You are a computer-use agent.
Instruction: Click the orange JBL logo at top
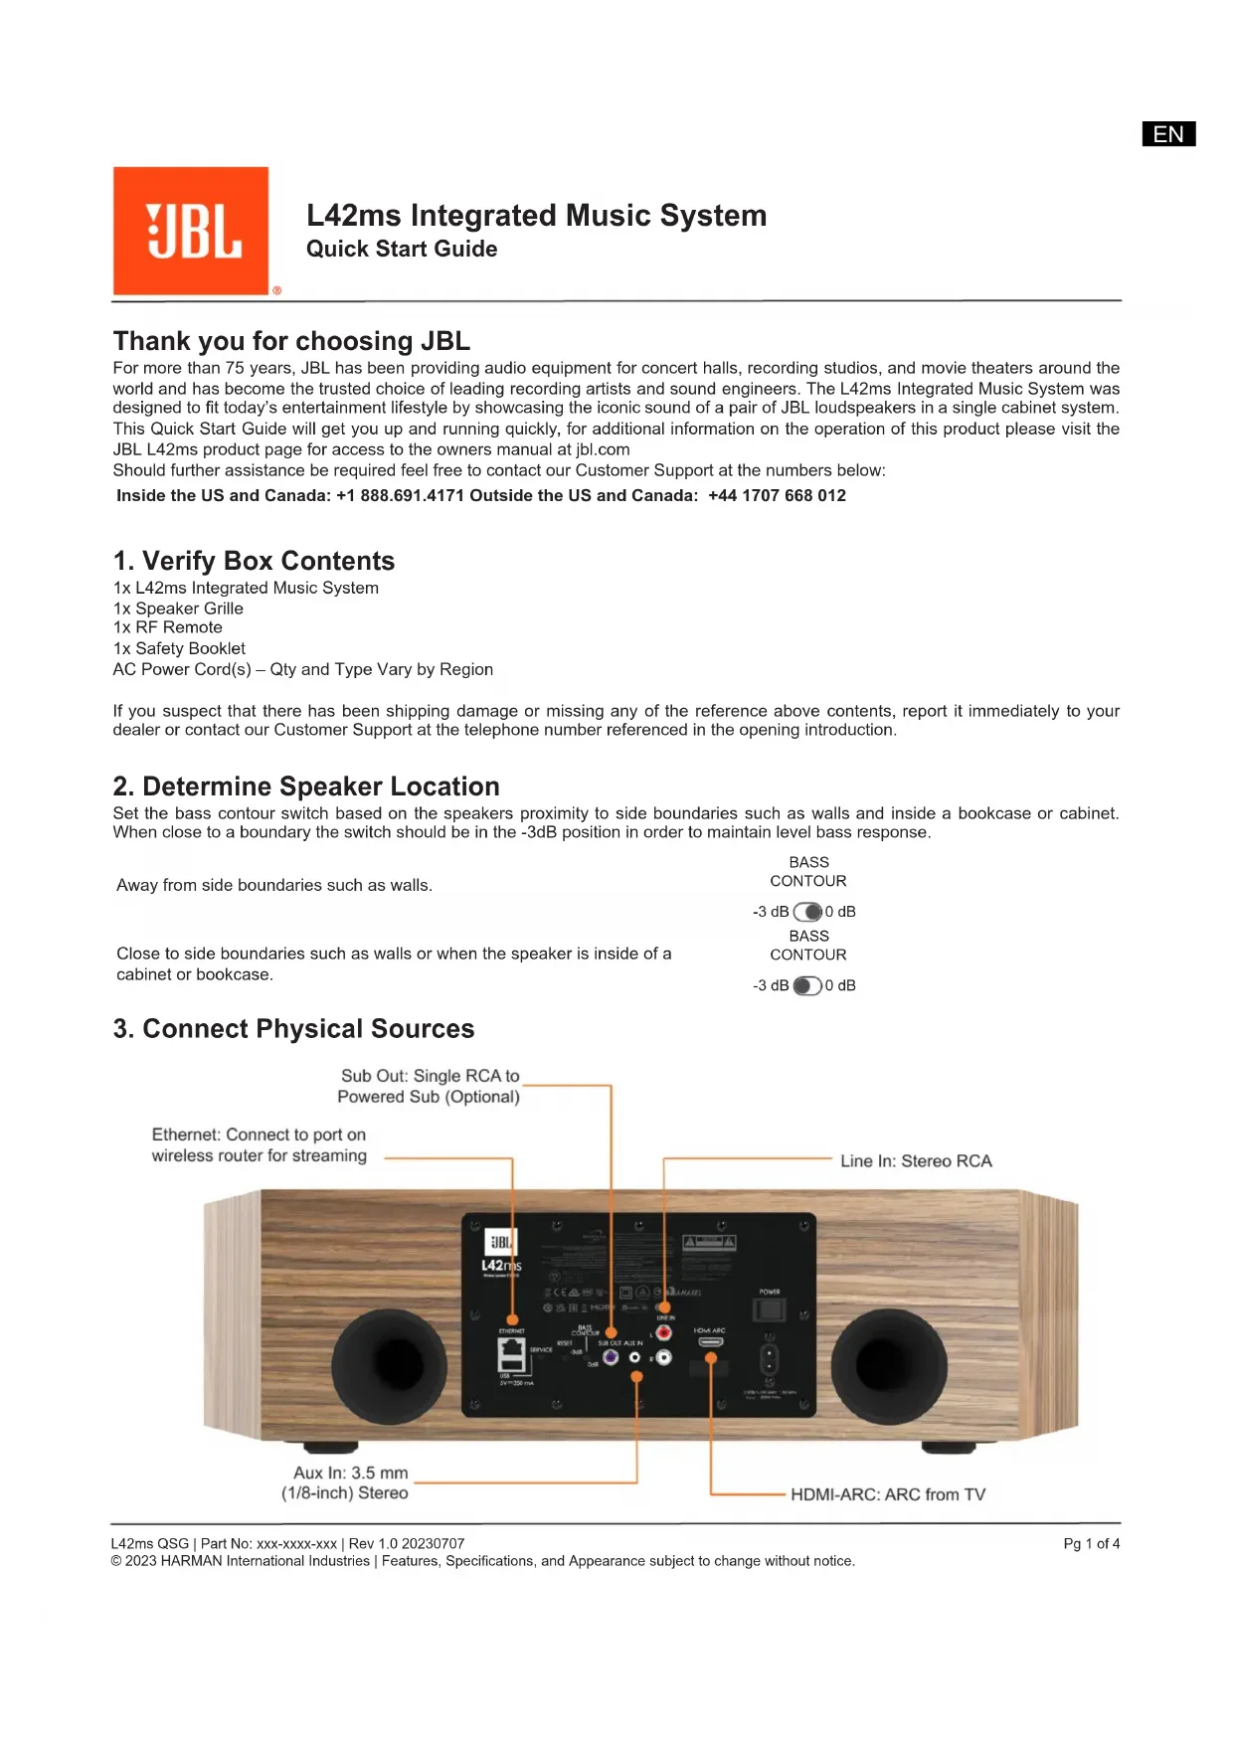point(191,231)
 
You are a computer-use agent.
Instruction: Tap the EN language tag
point(1168,134)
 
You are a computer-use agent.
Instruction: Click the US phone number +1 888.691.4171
point(400,495)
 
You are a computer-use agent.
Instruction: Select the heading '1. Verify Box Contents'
point(254,561)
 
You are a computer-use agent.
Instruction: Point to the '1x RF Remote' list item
point(168,627)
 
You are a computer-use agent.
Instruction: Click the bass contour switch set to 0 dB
point(807,912)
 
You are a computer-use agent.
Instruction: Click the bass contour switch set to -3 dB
point(807,985)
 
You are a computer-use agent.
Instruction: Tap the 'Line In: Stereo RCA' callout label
point(916,1160)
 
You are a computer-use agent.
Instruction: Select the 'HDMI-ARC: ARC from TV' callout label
point(888,1494)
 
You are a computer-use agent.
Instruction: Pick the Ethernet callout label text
point(259,1144)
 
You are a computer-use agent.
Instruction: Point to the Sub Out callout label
point(429,1086)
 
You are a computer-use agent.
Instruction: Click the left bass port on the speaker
point(390,1365)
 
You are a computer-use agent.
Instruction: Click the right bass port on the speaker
point(888,1365)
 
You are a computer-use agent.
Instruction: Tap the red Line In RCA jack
point(663,1332)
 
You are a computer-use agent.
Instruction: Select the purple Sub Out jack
point(611,1357)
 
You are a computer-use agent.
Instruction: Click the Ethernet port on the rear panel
point(511,1355)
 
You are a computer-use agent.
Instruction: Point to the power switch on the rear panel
point(770,1308)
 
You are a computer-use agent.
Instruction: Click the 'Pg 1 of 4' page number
point(1091,1543)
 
